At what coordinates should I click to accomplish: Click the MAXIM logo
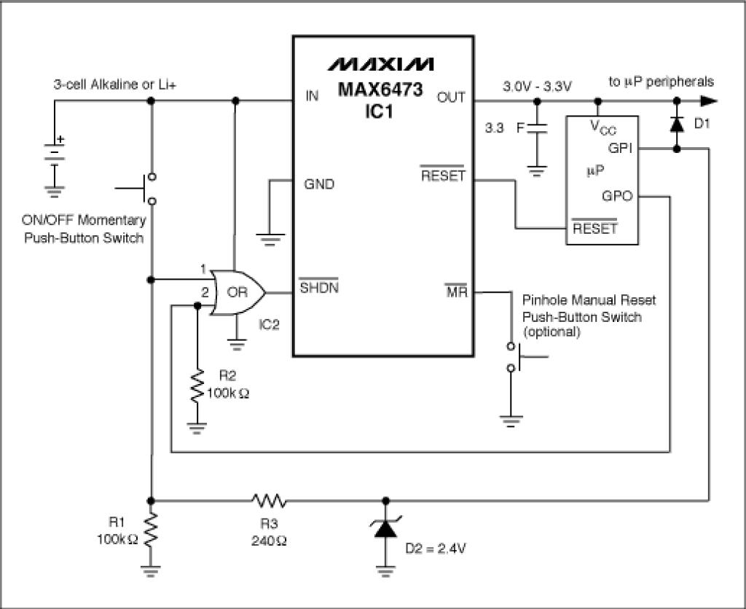380,64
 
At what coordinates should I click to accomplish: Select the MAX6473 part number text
380,90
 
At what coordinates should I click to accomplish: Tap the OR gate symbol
237,293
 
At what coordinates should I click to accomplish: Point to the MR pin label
456,291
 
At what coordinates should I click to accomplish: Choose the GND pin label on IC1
319,184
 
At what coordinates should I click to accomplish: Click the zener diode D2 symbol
386,527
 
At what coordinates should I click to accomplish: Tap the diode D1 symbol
677,124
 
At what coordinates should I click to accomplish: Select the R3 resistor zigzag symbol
269,500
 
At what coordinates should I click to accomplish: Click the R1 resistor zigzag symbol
151,530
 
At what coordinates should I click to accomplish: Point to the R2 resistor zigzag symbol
197,386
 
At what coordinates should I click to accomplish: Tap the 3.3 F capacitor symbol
537,128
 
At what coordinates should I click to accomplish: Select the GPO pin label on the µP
617,196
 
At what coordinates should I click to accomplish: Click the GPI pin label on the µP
620,149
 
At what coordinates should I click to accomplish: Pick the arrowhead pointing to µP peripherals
709,101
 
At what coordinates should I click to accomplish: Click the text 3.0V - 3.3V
537,87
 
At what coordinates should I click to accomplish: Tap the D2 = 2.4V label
436,549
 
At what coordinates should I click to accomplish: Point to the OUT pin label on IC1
451,98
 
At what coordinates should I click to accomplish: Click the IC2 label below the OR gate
269,325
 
